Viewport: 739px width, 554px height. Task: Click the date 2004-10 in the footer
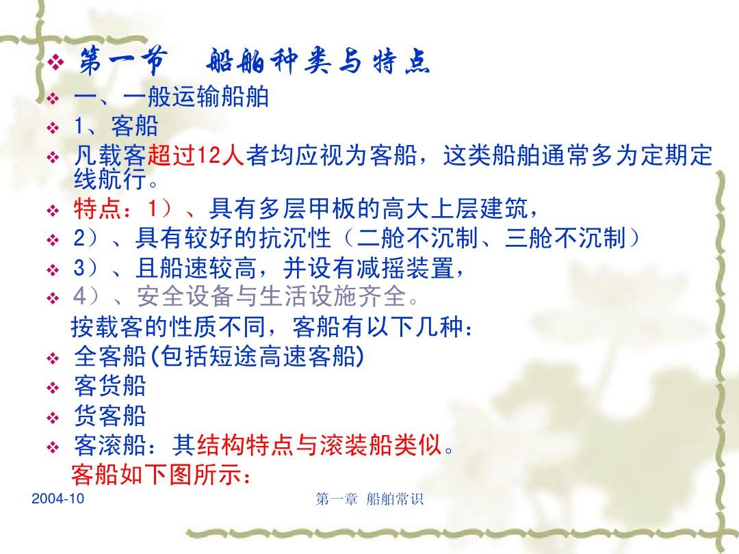pyautogui.click(x=57, y=499)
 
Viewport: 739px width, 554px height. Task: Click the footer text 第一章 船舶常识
pyautogui.click(x=369, y=499)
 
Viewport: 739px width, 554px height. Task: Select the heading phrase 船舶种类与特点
pyautogui.click(x=318, y=62)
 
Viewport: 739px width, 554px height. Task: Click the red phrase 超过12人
pyautogui.click(x=196, y=155)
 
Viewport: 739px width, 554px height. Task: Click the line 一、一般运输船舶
pyautogui.click(x=171, y=98)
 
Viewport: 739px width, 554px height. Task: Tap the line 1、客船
pyautogui.click(x=116, y=127)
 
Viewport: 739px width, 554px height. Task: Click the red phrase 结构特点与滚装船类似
pyautogui.click(x=319, y=445)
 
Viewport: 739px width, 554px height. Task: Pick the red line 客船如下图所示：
pyautogui.click(x=161, y=475)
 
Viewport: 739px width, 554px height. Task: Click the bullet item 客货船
pyautogui.click(x=109, y=385)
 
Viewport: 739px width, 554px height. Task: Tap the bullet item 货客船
pyautogui.click(x=109, y=416)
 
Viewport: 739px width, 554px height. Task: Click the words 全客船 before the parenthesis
pyautogui.click(x=109, y=356)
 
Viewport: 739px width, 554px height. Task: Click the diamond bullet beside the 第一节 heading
pyautogui.click(x=55, y=62)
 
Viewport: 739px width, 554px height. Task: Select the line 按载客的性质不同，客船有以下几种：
pyautogui.click(x=272, y=326)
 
